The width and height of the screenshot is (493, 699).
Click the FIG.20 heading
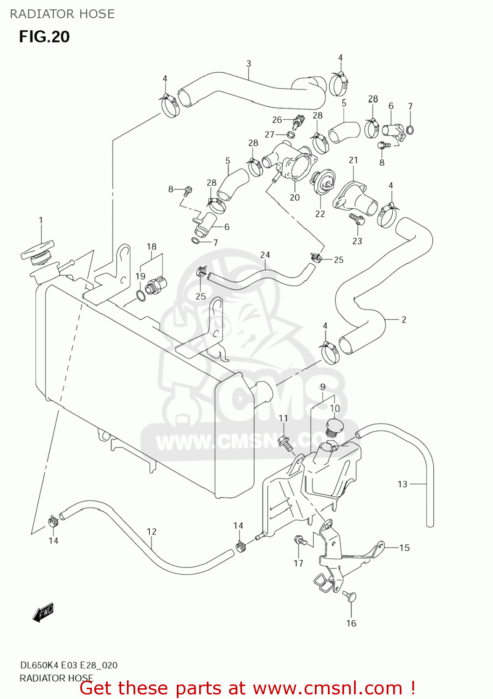(44, 37)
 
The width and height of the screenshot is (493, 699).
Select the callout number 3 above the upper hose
(249, 63)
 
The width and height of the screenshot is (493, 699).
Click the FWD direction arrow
(43, 612)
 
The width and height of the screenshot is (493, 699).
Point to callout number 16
(351, 623)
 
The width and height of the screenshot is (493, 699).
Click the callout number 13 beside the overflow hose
(403, 484)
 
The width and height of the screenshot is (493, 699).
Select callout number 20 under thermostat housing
(295, 197)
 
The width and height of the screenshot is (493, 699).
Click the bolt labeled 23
(356, 218)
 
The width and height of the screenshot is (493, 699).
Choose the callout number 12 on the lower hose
(152, 531)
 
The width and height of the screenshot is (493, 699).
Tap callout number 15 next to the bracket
(404, 548)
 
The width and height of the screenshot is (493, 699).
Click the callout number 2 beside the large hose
(404, 320)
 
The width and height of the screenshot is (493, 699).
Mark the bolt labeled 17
(300, 541)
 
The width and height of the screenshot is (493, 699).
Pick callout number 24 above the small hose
(265, 255)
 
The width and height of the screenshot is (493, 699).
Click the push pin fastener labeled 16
(349, 596)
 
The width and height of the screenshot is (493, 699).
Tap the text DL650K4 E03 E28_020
(69, 665)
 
